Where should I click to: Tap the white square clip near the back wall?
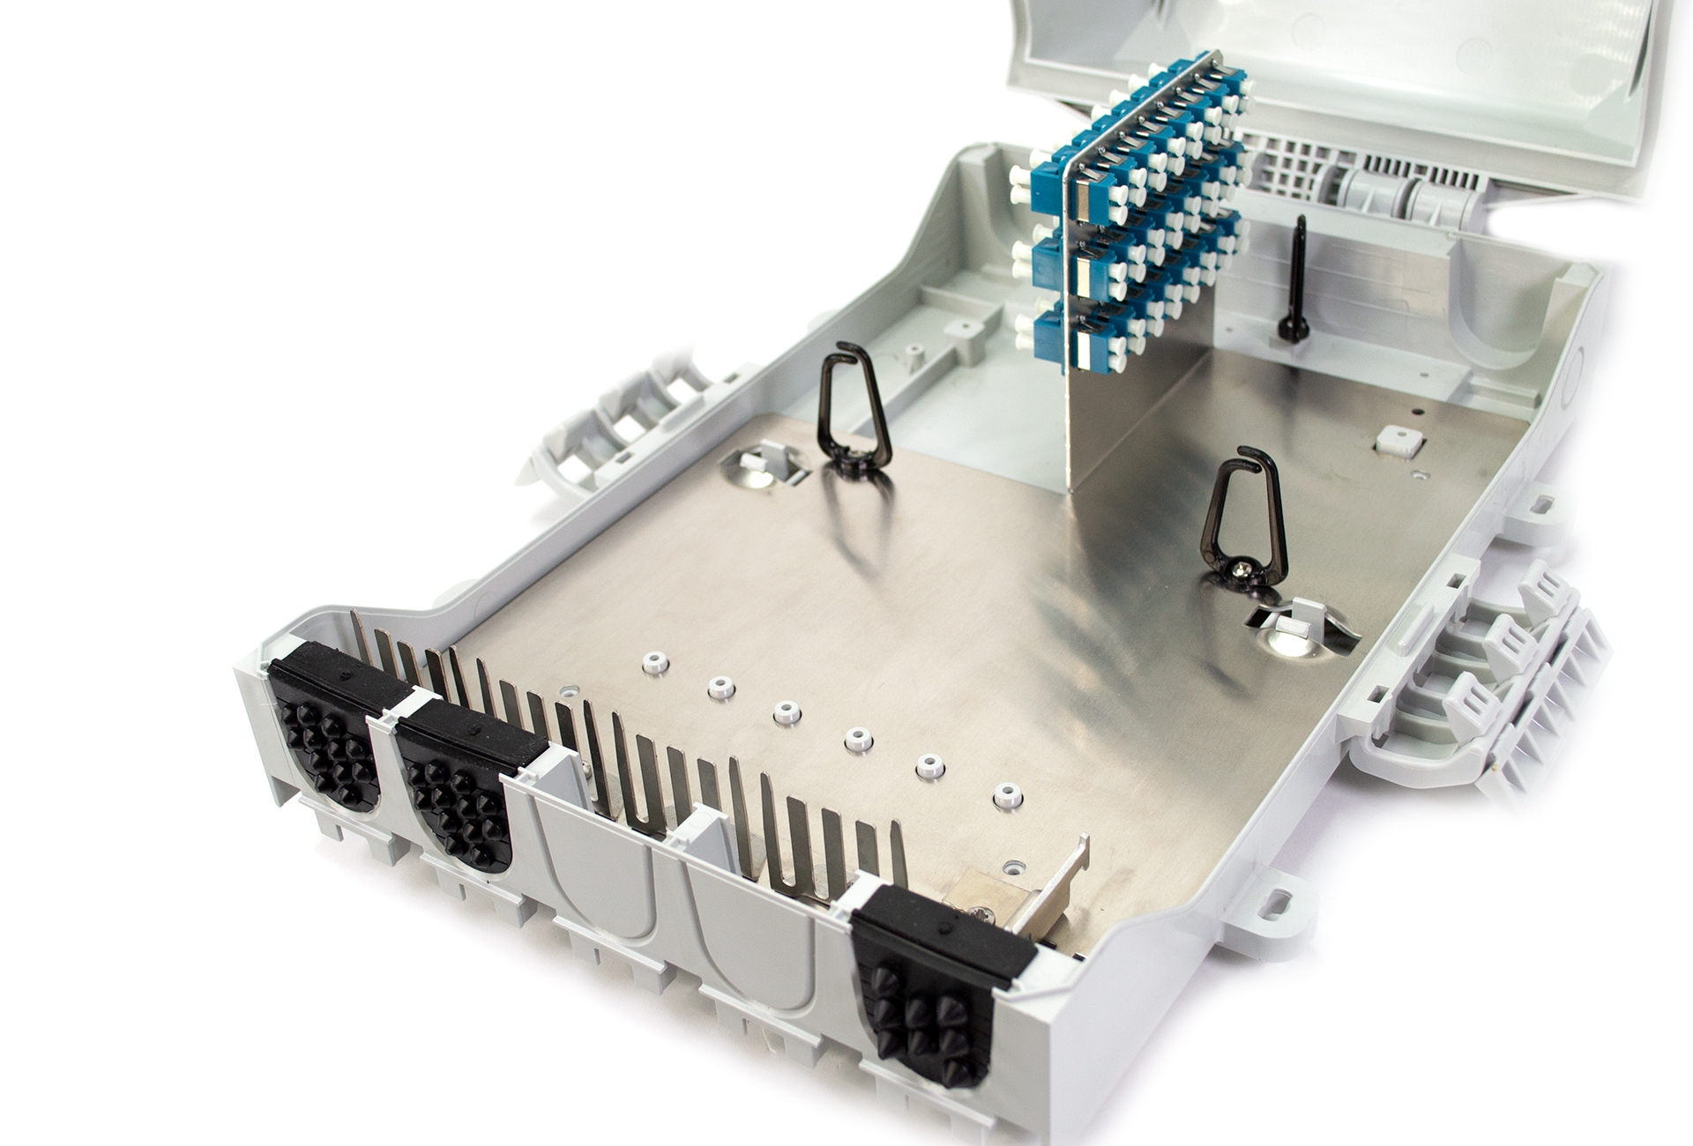tap(1400, 441)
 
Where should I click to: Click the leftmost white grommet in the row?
tap(654, 662)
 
